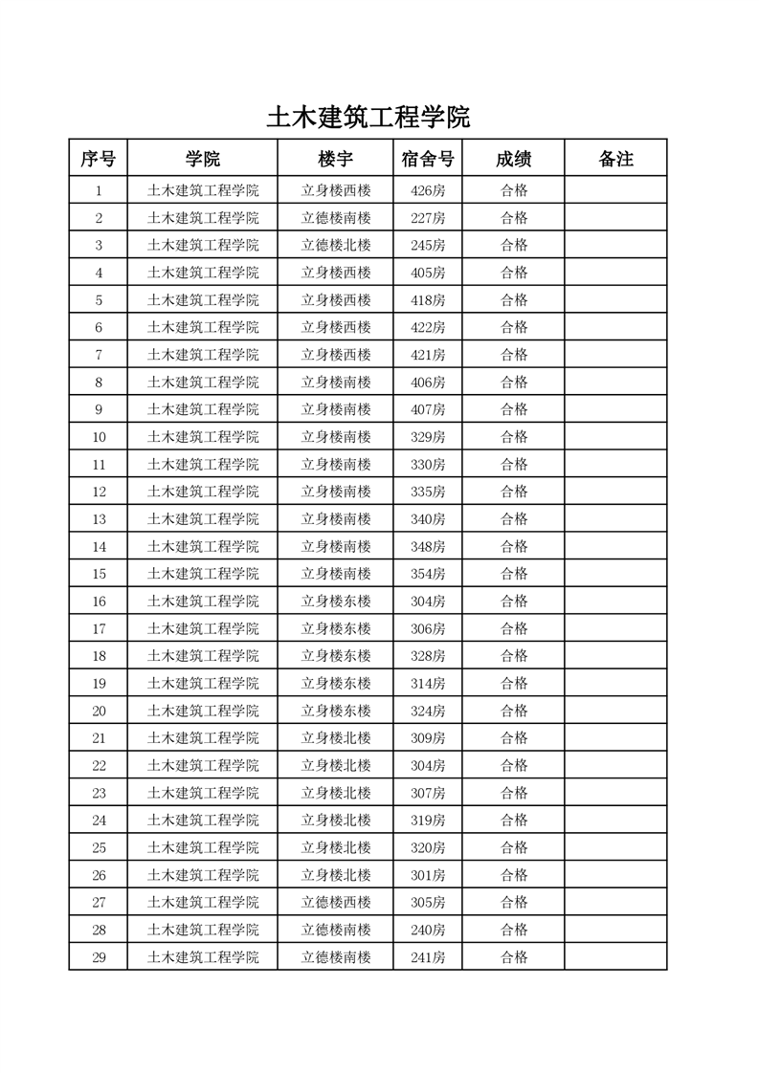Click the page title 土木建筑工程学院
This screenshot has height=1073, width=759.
pyautogui.click(x=368, y=118)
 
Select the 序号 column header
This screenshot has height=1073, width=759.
pyautogui.click(x=98, y=159)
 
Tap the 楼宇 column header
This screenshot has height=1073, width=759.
pyautogui.click(x=336, y=159)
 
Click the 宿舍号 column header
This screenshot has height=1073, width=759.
pyautogui.click(x=428, y=159)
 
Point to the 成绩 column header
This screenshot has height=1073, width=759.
pyautogui.click(x=514, y=159)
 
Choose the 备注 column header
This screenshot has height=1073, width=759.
pyautogui.click(x=615, y=159)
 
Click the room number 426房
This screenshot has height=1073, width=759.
pyautogui.click(x=428, y=190)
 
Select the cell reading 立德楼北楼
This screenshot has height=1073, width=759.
pyautogui.click(x=336, y=245)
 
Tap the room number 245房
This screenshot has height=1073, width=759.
pyautogui.click(x=428, y=245)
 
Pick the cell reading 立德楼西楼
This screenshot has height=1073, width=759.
pyautogui.click(x=336, y=902)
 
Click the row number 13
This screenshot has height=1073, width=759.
pyautogui.click(x=99, y=519)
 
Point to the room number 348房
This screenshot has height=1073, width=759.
pyautogui.click(x=428, y=546)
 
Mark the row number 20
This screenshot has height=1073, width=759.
pyautogui.click(x=99, y=711)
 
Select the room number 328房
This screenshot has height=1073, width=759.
pyautogui.click(x=428, y=656)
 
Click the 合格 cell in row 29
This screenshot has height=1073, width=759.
pyautogui.click(x=514, y=956)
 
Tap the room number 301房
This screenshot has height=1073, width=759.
pyautogui.click(x=428, y=875)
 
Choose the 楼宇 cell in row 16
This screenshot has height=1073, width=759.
pyautogui.click(x=336, y=602)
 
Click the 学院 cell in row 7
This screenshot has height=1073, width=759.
pyautogui.click(x=203, y=355)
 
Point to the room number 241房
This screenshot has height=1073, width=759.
pyautogui.click(x=428, y=956)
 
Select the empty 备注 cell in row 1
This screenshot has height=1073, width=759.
pyautogui.click(x=615, y=190)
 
